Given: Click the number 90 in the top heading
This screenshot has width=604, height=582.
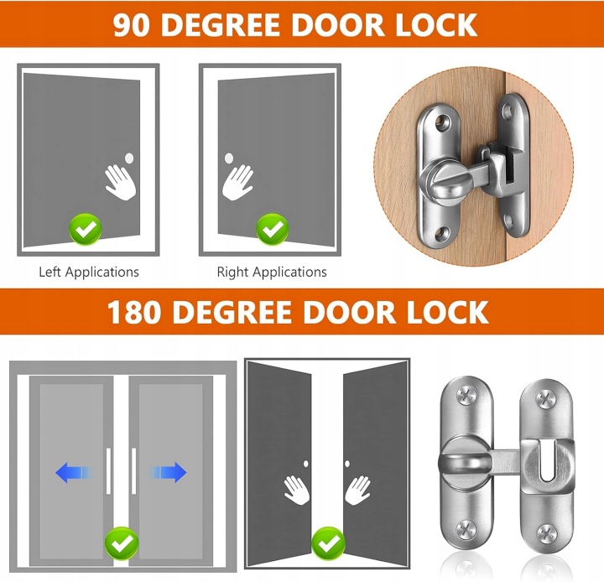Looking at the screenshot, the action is [131, 25].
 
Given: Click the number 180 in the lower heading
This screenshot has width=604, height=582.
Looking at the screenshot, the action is [133, 312].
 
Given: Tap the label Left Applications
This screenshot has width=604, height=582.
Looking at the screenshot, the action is [89, 272].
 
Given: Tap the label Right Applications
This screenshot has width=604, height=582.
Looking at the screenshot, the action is [272, 272].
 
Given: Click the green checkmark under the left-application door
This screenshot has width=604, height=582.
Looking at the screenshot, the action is [86, 229].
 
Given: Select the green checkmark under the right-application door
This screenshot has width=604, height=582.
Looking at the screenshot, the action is [273, 229].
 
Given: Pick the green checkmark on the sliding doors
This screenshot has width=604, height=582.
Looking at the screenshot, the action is [122, 543].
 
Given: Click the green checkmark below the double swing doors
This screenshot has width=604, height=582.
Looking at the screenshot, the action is [328, 543].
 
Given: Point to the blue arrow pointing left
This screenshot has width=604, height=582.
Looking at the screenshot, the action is [75, 472].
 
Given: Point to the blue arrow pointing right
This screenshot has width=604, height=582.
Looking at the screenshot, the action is [169, 472].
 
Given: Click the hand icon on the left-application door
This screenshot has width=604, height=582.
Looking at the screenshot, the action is [121, 182].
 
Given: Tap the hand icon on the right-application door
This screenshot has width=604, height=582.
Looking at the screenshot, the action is [238, 182].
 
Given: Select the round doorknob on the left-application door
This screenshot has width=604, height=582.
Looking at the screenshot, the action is [129, 158].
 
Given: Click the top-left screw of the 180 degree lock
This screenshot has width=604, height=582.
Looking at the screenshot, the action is [466, 397].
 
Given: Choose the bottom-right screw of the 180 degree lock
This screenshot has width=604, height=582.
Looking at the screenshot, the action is [547, 533].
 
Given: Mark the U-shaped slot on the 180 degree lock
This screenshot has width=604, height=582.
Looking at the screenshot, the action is [547, 461].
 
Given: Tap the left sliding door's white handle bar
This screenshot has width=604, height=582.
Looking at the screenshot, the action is [108, 470].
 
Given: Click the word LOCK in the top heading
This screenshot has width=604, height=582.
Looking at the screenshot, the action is [435, 25].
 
